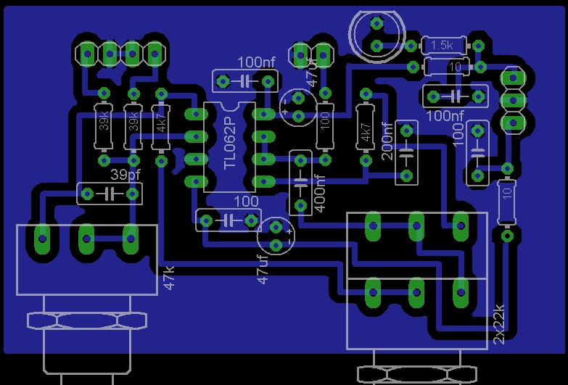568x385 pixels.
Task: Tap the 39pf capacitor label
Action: click(125, 175)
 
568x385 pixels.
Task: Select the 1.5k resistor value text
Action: click(441, 45)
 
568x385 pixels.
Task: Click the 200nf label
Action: click(387, 141)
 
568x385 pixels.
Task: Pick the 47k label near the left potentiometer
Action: click(170, 277)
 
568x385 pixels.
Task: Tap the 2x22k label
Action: click(499, 323)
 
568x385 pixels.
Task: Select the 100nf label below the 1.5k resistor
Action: click(445, 115)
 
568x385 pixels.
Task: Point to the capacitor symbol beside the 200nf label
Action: click(406, 153)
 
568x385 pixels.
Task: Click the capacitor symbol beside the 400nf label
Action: click(300, 182)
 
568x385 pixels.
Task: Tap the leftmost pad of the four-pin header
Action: click(87, 52)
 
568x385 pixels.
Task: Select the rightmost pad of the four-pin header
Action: click(154, 52)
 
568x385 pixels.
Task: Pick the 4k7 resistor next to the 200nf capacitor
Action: click(365, 125)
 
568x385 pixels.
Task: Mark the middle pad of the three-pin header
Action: click(513, 99)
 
